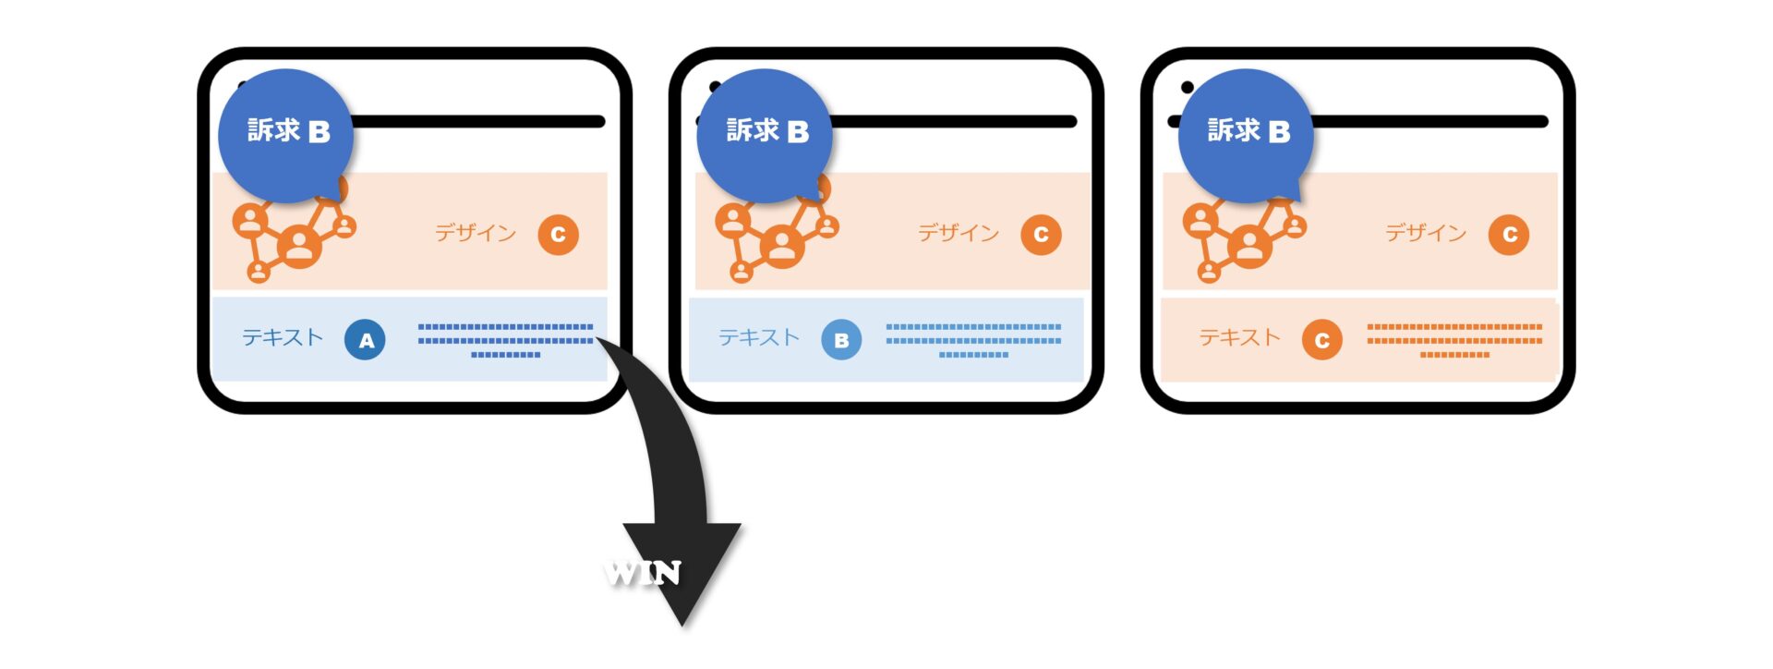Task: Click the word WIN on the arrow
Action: (644, 574)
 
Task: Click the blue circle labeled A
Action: (365, 340)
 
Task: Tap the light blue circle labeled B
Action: (841, 340)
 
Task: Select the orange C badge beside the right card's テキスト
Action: (1321, 340)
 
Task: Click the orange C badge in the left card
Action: (558, 235)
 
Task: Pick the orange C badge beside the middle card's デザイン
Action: (1041, 235)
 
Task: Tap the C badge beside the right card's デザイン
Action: (1509, 235)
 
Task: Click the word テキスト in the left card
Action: (283, 338)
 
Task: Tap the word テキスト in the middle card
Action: (759, 338)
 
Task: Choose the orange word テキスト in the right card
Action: (1239, 338)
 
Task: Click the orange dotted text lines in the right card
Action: (1454, 340)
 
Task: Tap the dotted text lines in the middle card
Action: (973, 340)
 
